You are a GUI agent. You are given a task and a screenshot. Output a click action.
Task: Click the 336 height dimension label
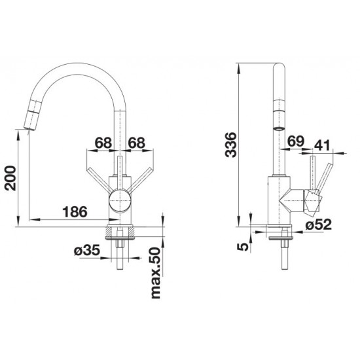tap(231, 145)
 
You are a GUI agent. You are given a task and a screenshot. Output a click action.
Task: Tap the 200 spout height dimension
tap(10, 178)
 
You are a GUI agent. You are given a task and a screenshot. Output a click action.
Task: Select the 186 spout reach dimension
tap(75, 211)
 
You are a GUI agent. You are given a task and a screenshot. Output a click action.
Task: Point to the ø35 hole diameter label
tap(87, 250)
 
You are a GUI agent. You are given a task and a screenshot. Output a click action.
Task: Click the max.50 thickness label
tap(156, 273)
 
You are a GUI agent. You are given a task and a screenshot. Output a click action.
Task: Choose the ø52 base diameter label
tap(319, 225)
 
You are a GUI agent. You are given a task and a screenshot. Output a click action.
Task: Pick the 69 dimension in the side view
tap(296, 141)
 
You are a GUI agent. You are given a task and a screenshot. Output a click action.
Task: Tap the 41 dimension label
tap(322, 145)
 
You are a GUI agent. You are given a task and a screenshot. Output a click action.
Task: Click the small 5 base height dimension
tap(243, 247)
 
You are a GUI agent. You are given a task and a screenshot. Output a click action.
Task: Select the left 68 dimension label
tap(103, 143)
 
